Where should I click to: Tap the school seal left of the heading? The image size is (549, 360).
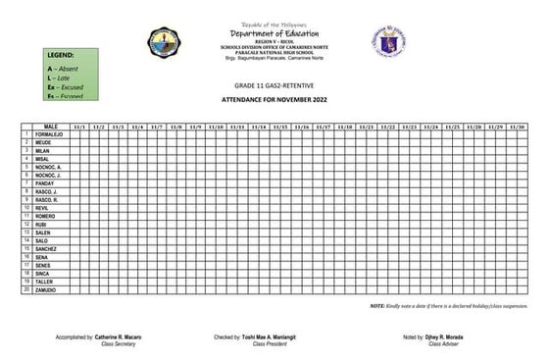tap(164, 42)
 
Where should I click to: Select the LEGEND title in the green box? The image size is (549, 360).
tap(60, 56)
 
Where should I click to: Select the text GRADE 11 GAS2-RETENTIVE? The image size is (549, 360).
tap(274, 88)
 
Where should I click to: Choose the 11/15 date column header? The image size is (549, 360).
tap(280, 128)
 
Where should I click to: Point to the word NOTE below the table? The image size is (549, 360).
tap(376, 307)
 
